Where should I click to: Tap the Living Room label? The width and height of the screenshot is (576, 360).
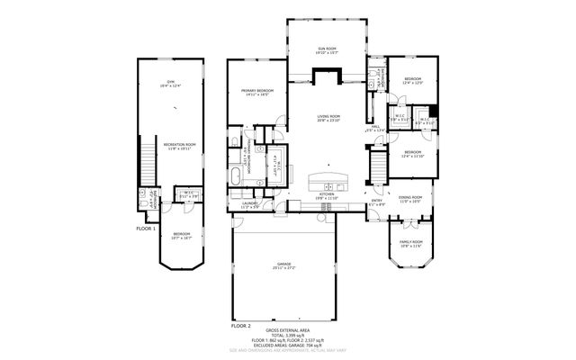pos(328,117)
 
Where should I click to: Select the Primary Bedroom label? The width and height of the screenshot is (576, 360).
pos(256,92)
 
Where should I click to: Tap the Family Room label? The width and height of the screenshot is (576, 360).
pos(410,243)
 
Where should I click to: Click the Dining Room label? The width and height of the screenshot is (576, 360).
pos(410,201)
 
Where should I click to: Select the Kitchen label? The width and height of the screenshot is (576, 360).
pos(328,195)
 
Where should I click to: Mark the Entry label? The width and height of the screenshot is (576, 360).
pos(377,202)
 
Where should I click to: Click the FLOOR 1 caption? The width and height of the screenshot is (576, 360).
pos(146,229)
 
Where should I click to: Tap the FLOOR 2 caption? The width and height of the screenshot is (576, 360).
pos(241,324)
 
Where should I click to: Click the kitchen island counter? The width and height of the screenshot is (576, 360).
pos(329,178)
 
